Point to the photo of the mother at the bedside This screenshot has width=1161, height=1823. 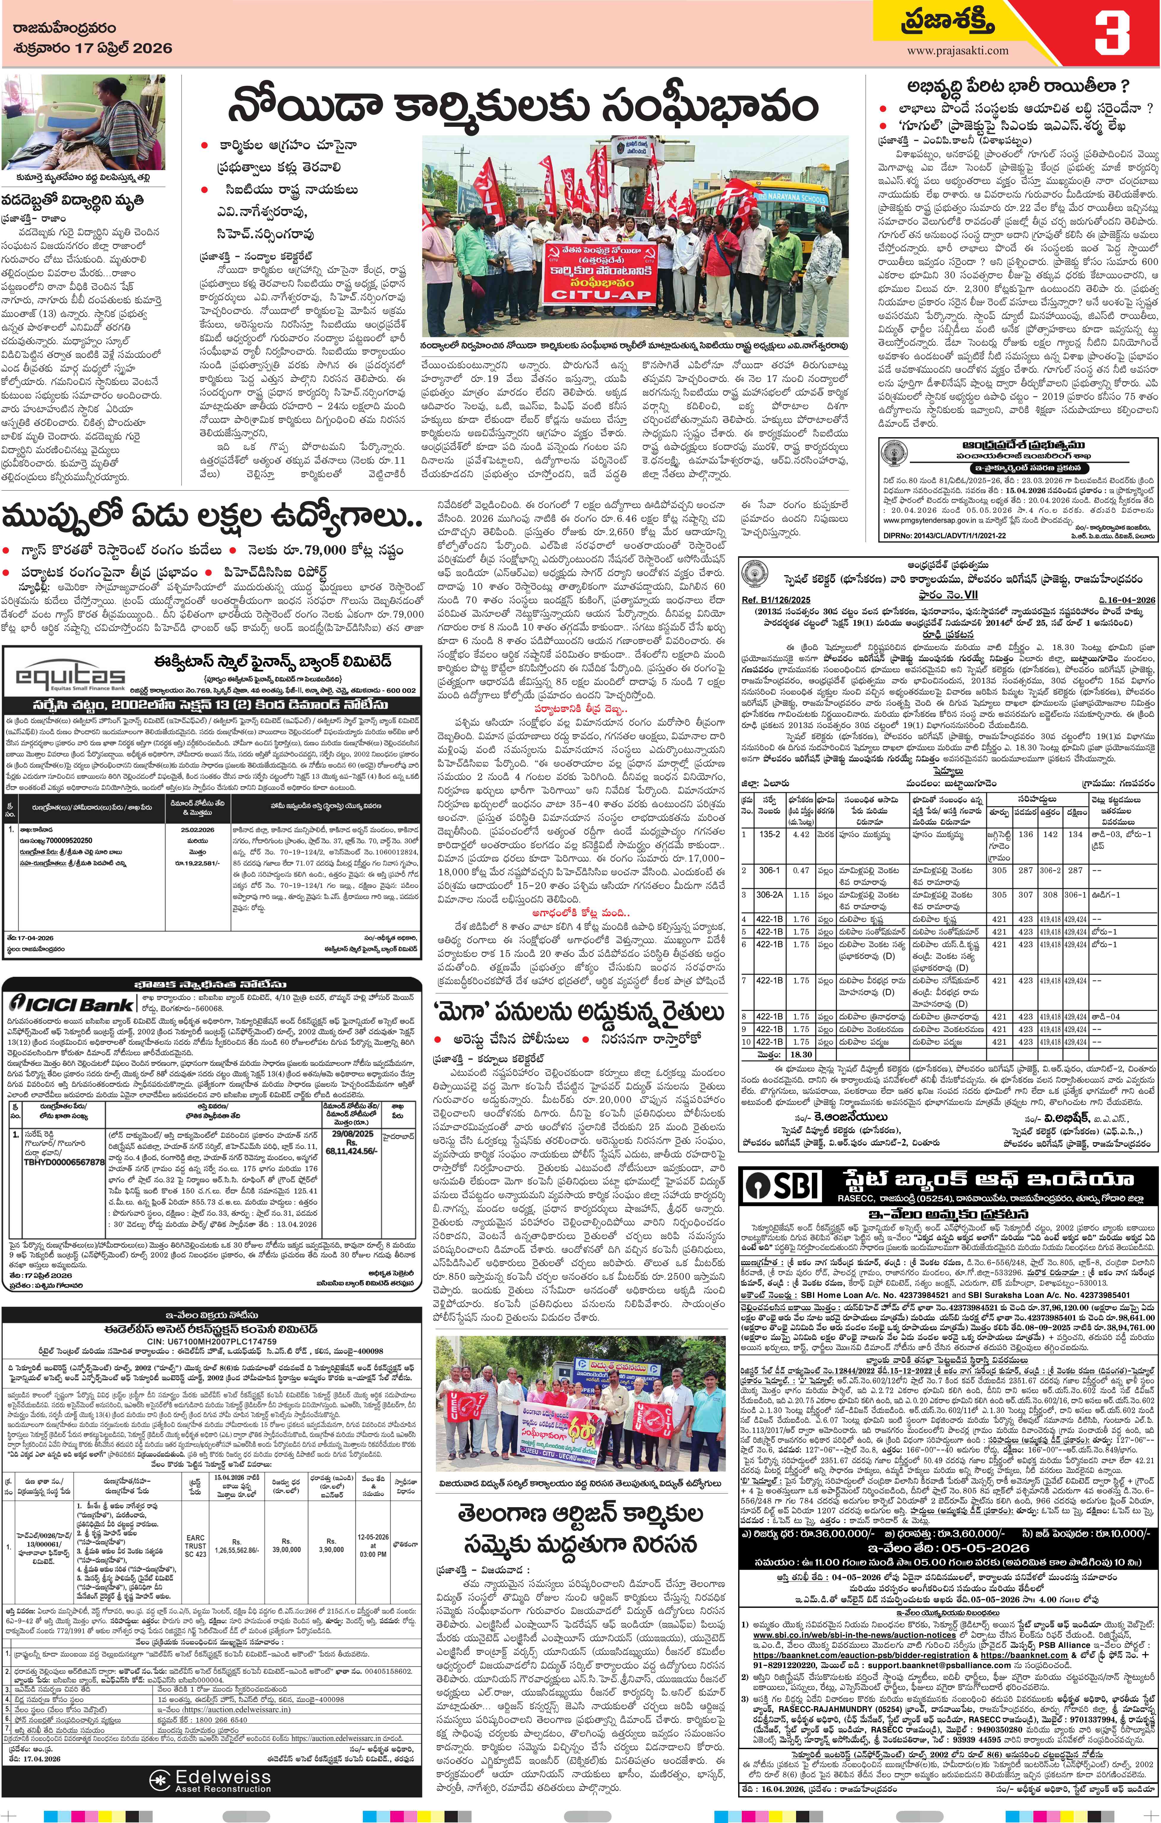(x=83, y=123)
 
